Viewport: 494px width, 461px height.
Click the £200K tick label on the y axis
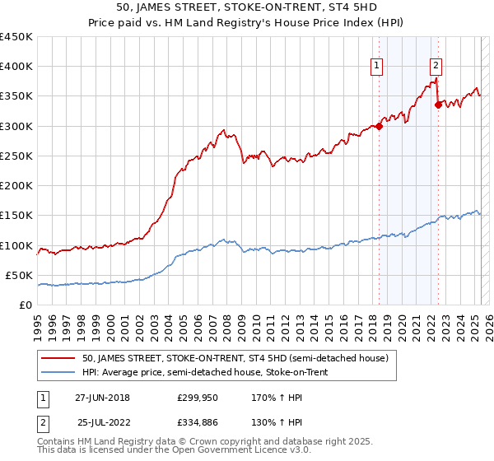coord(16,186)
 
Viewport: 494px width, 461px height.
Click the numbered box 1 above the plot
coord(377,67)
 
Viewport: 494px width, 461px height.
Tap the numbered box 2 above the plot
coord(436,67)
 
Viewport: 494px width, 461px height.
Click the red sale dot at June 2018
coord(379,126)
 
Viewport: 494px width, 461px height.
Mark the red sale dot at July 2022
coord(438,105)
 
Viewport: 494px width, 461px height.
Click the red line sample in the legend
coord(58,357)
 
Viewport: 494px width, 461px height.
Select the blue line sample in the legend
coord(58,370)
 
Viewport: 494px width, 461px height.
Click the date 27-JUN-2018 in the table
coord(102,398)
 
